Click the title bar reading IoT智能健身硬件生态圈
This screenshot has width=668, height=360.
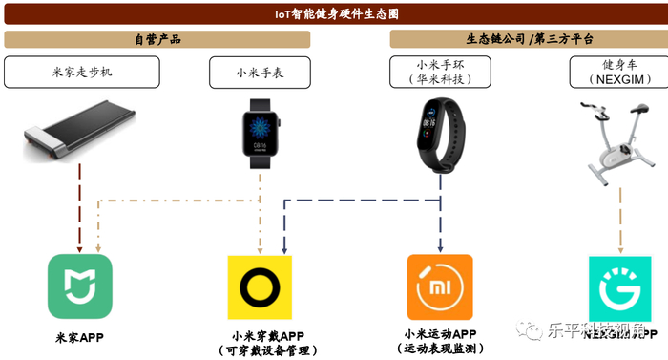334,15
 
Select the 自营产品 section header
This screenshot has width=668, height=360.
157,39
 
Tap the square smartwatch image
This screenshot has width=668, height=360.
260,136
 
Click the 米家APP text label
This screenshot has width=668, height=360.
79,337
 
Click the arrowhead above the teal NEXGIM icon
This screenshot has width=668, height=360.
620,246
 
